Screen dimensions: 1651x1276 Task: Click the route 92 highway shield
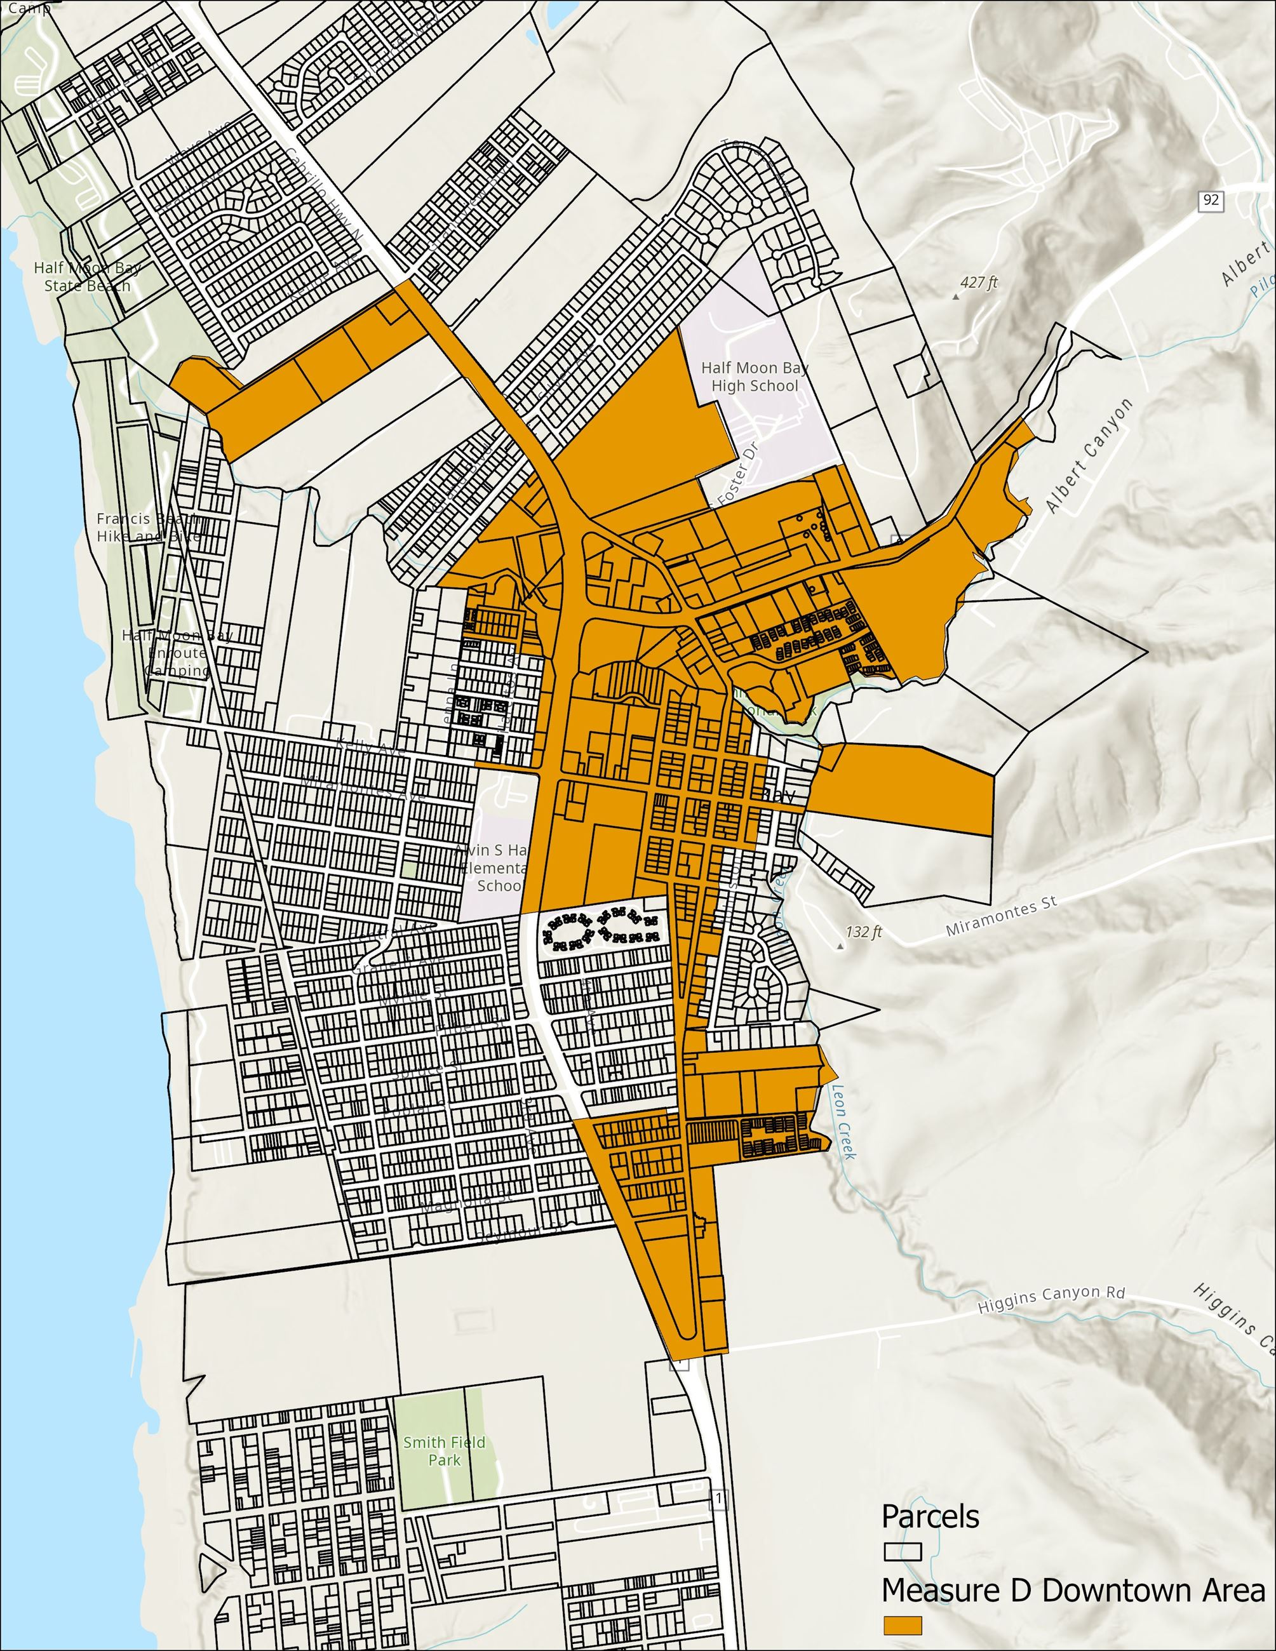1210,200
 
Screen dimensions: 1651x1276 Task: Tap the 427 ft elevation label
979,283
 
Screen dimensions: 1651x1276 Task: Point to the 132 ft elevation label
863,932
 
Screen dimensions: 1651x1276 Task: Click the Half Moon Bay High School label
755,377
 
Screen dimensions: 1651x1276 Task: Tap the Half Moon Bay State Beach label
87,277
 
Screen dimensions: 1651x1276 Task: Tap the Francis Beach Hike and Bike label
149,527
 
